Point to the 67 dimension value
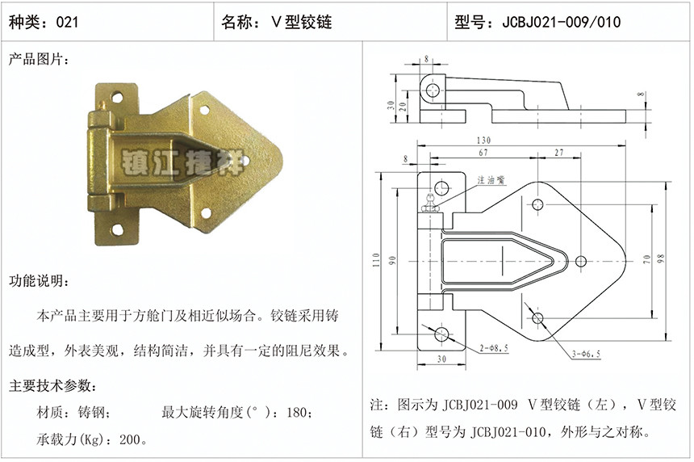483,153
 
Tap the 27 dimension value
559,153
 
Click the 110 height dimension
377,262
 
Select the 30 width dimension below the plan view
441,358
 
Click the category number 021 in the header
67,22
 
